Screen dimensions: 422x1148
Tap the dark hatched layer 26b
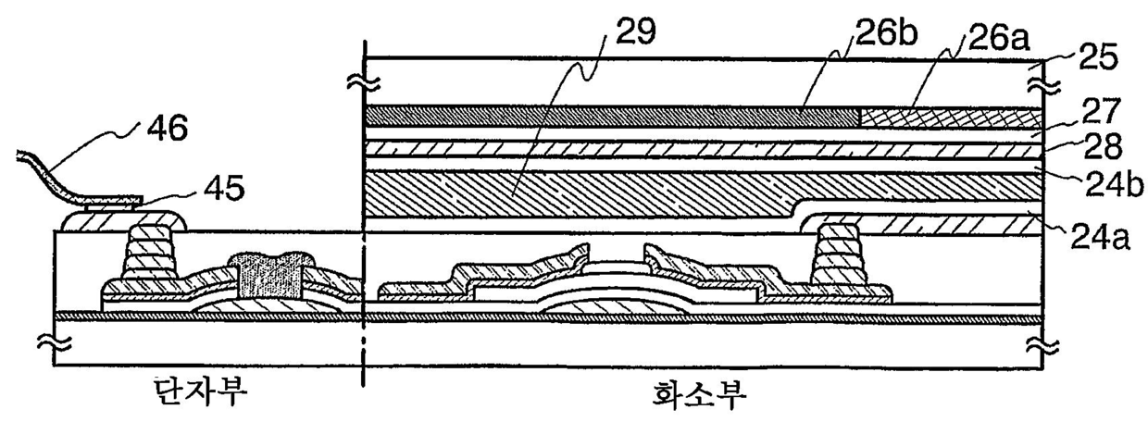pyautogui.click(x=611, y=117)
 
